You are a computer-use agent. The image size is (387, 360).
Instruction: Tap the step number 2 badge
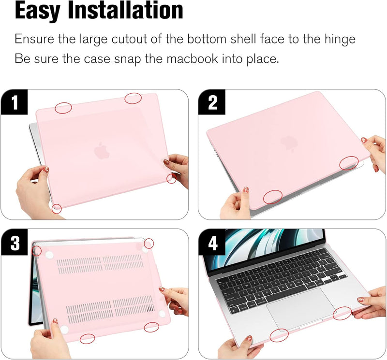pyautogui.click(x=213, y=102)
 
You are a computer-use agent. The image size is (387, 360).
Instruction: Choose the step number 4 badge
pyautogui.click(x=213, y=243)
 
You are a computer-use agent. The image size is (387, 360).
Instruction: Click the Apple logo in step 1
pyautogui.click(x=102, y=151)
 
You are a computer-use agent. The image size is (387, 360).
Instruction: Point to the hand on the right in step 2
pyautogui.click(x=376, y=151)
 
